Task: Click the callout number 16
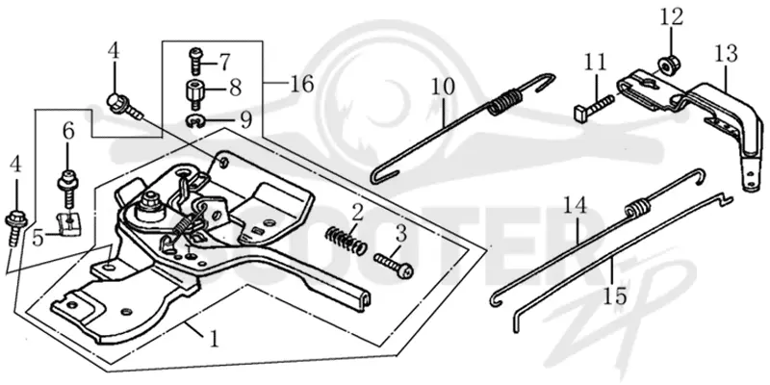pos(301,84)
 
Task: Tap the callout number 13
pos(726,54)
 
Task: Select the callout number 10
pos(443,87)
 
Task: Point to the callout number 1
pos(214,339)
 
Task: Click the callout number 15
pos(615,296)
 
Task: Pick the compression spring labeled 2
pos(346,239)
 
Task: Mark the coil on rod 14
pos(637,206)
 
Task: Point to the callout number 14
pos(575,206)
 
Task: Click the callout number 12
pos(671,16)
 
